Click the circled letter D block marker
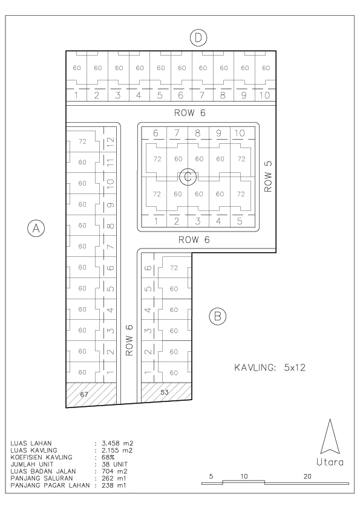coord(198,38)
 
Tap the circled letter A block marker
coord(36,228)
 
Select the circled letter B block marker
coord(217,316)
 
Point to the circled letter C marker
coord(188,177)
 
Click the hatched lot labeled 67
coord(91,394)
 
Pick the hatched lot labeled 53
coord(166,392)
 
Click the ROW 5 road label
coord(268,177)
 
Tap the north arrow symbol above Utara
coord(330,436)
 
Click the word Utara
coord(330,462)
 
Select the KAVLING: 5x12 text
coord(270,368)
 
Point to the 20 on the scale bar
coord(307,476)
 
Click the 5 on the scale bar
coord(211,476)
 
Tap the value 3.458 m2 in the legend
coord(117,443)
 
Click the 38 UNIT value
coord(114,464)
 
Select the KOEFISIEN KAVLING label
coord(41,457)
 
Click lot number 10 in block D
coord(265,95)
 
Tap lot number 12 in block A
coord(111,141)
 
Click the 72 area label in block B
coord(174,268)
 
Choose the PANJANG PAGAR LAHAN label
coord(50,485)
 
